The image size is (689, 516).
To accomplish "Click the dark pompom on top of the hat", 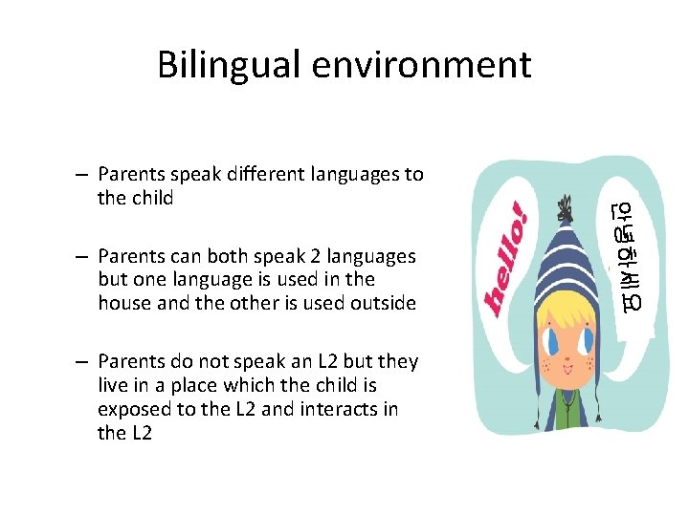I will pyautogui.click(x=567, y=204).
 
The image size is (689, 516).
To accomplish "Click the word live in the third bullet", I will pyautogui.click(x=114, y=385).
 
